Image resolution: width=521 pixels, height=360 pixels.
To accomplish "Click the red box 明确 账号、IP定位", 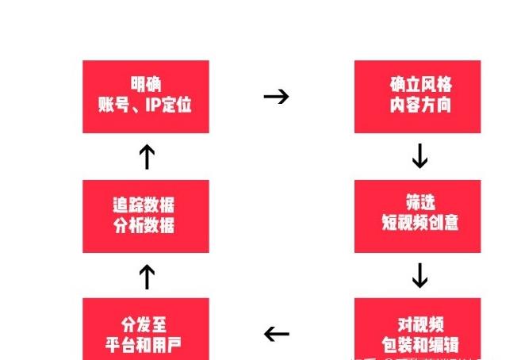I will (146, 97).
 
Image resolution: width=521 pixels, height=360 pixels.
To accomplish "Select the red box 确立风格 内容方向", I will (417, 97).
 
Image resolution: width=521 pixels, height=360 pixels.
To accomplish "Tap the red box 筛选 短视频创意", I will (417, 216).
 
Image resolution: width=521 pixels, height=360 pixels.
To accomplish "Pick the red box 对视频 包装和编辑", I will (417, 329).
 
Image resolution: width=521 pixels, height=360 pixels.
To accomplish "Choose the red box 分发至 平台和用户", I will (146, 329).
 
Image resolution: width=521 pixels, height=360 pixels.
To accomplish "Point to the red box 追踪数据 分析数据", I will (146, 216).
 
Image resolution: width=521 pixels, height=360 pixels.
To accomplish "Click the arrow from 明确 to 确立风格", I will (276, 97).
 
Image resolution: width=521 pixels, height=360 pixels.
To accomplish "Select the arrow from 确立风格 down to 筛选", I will (419, 157).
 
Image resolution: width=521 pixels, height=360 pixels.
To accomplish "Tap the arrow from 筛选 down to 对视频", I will (419, 275).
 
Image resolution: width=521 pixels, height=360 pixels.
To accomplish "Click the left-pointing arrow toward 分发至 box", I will (276, 334).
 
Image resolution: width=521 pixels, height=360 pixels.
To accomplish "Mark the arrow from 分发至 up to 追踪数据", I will (146, 277).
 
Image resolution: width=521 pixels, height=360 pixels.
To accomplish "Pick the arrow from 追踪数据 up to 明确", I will (146, 157).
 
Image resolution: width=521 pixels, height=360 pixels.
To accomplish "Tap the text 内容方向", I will (419, 105).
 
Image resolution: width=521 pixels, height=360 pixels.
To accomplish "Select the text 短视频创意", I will (419, 224).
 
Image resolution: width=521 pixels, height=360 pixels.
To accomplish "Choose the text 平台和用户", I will (145, 345).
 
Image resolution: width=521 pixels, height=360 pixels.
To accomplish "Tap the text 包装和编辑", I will (419, 345).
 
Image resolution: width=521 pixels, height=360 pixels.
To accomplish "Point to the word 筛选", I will (419, 205).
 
